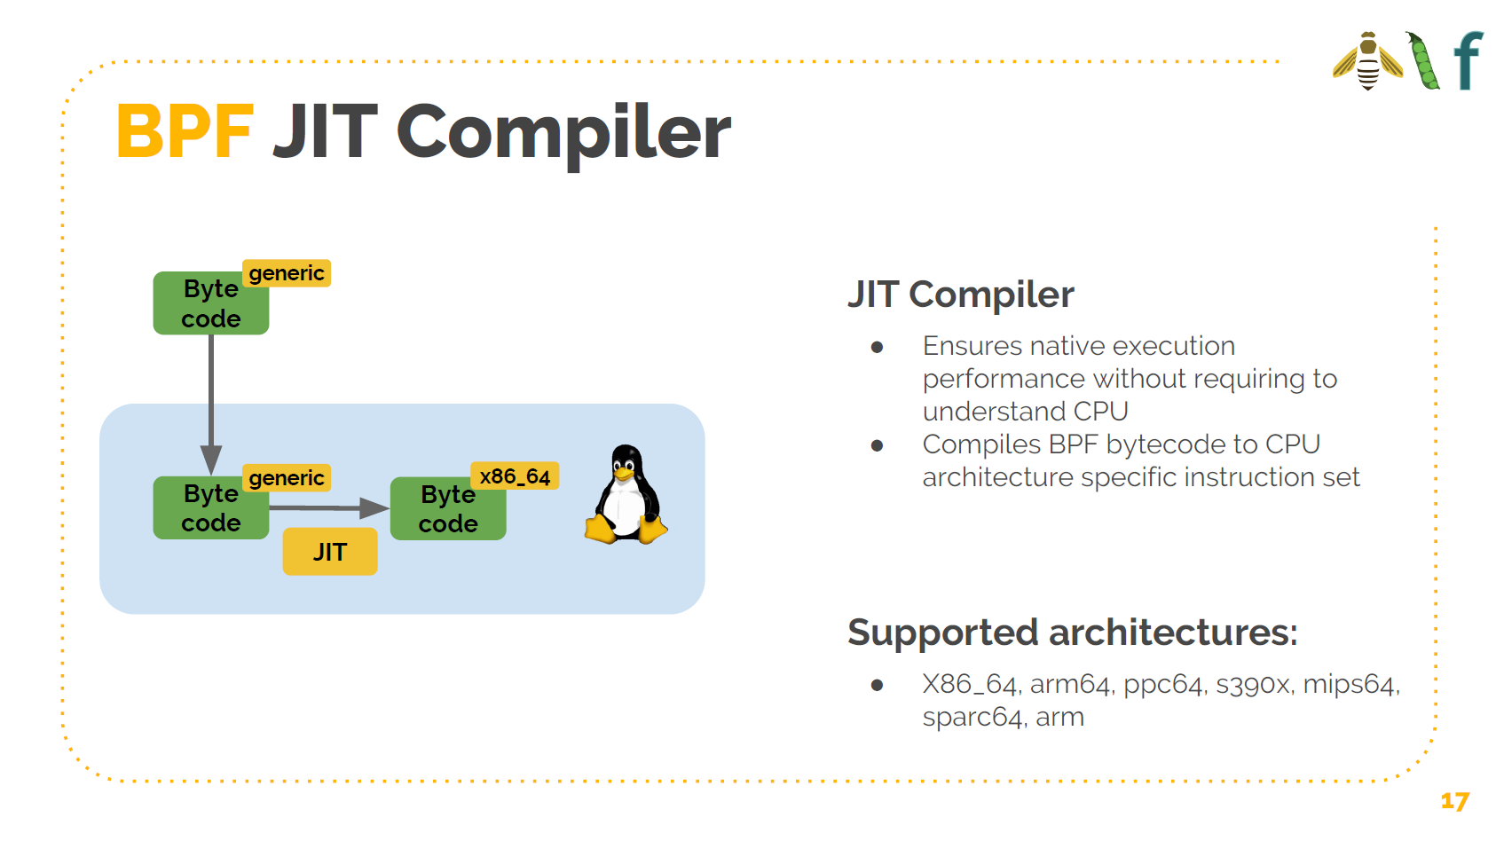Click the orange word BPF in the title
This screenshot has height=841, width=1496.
[185, 132]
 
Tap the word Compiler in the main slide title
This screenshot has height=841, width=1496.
[563, 132]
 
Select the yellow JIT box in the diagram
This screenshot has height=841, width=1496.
[330, 552]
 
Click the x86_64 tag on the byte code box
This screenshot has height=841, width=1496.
[515, 476]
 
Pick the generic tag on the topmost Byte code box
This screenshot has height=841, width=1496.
[287, 273]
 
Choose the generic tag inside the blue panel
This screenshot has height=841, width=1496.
[287, 478]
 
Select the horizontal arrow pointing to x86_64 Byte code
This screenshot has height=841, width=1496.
[328, 508]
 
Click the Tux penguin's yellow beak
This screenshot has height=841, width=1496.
[624, 473]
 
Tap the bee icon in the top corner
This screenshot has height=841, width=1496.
[1368, 61]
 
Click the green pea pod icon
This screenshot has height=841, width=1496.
[1423, 61]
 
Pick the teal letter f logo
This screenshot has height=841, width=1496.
[1468, 60]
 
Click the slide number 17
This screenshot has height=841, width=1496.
[1454, 801]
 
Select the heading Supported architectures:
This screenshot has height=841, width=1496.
[1072, 633]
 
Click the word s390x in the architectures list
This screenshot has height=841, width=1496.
[1253, 684]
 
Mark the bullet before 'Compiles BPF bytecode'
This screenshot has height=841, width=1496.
[877, 445]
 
